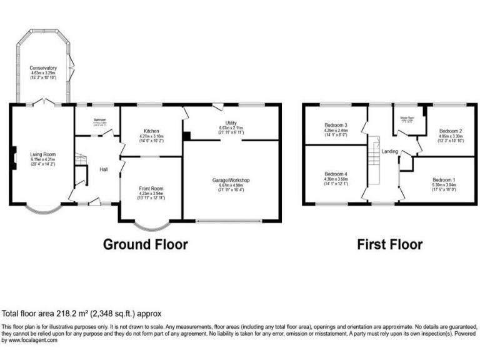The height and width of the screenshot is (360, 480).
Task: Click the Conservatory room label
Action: (x=44, y=67)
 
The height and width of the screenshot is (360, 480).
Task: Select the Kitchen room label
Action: (x=151, y=131)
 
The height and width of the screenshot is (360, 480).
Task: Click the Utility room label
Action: (x=232, y=123)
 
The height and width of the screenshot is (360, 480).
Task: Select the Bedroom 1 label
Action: (x=444, y=180)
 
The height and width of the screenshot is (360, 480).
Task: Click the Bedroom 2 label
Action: (x=450, y=131)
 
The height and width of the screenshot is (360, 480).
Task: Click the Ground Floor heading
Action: (x=145, y=244)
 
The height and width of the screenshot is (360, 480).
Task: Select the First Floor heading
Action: (x=389, y=244)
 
